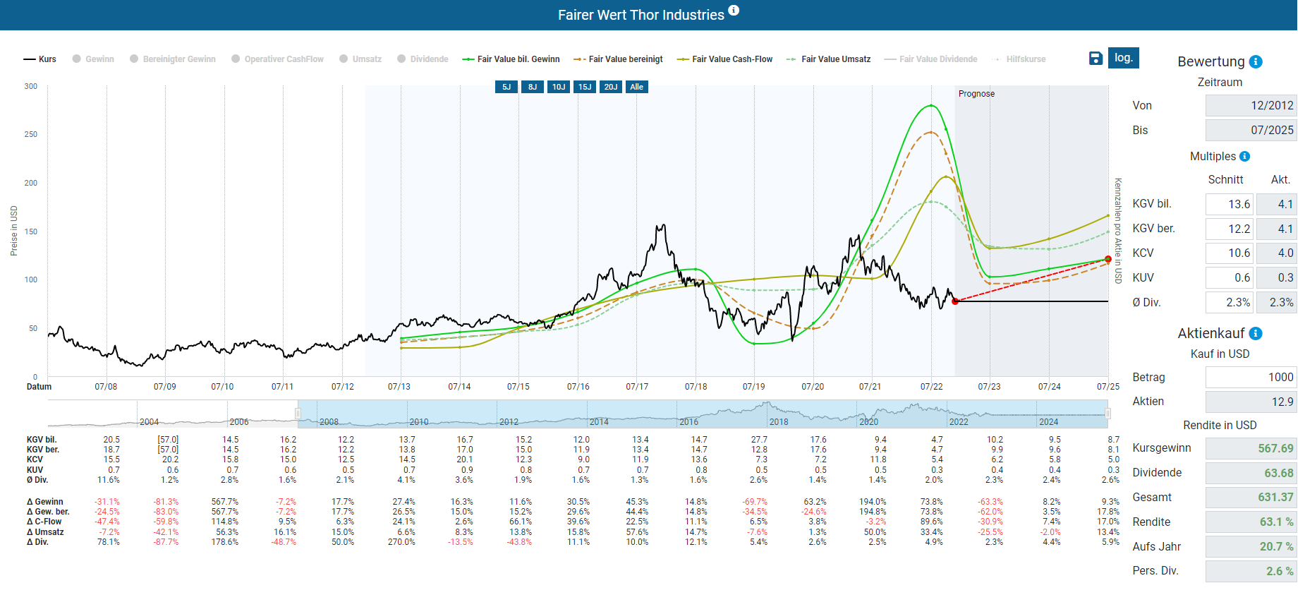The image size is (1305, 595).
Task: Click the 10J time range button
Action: [559, 87]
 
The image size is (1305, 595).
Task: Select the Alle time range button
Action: [636, 87]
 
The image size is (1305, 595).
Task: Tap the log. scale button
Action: [1124, 58]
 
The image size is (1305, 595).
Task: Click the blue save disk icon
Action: [1095, 58]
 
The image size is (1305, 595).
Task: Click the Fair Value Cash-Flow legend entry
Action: [724, 59]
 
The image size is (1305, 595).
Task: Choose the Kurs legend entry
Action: [40, 59]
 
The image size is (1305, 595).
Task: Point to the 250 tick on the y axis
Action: [30, 134]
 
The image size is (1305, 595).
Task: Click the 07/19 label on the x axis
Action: [753, 387]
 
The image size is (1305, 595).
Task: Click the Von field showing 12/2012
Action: [1251, 105]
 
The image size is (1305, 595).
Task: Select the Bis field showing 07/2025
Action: [1251, 130]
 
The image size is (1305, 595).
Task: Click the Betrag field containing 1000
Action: [1251, 377]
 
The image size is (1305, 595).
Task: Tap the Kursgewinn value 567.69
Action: [1251, 448]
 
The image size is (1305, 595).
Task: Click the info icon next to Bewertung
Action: [1256, 61]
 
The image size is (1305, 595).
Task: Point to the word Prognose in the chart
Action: [976, 94]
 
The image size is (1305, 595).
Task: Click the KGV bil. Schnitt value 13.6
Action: [1230, 204]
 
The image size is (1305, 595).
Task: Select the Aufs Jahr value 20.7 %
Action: [1251, 546]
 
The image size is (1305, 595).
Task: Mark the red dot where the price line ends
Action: [955, 301]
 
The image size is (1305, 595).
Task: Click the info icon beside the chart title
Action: [734, 10]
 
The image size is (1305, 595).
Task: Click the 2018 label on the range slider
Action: [779, 422]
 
